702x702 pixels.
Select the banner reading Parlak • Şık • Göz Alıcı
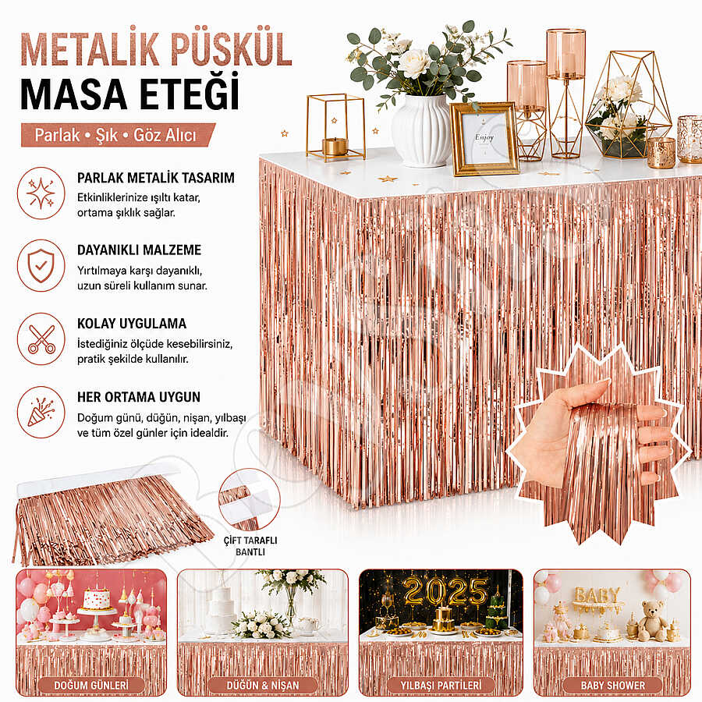pyautogui.click(x=118, y=135)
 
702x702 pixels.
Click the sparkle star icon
pyautogui.click(x=41, y=193)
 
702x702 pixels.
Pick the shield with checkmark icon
pyautogui.click(x=41, y=265)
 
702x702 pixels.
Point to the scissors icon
pyautogui.click(x=41, y=339)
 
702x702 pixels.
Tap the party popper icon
pyautogui.click(x=41, y=412)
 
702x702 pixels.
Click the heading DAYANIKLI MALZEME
pyautogui.click(x=140, y=250)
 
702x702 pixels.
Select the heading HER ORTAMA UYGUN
pyautogui.click(x=139, y=397)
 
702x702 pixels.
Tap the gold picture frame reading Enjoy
pyautogui.click(x=484, y=138)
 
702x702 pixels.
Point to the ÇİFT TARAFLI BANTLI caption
pyautogui.click(x=250, y=546)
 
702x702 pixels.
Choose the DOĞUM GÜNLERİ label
pyautogui.click(x=91, y=686)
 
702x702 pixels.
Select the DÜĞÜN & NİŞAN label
pyautogui.click(x=262, y=686)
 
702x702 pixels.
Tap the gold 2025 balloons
pyautogui.click(x=445, y=591)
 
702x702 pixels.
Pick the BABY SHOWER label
pyautogui.click(x=612, y=686)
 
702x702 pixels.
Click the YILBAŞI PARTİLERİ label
pyautogui.click(x=441, y=686)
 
